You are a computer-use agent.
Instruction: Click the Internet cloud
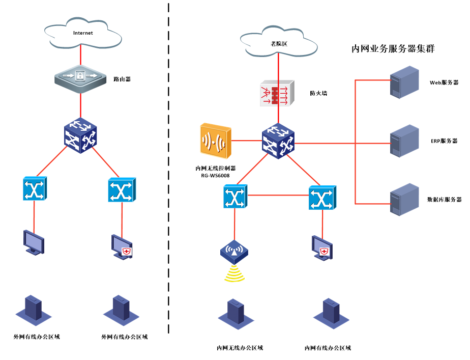point(83,34)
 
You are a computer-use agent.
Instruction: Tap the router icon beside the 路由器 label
point(81,77)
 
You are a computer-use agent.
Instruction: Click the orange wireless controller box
point(216,140)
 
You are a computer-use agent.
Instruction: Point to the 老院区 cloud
point(279,44)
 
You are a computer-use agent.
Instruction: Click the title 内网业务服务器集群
point(393,49)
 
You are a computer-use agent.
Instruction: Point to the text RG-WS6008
point(215,176)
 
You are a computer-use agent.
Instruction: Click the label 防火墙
point(318,94)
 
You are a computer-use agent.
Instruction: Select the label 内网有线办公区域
point(328,348)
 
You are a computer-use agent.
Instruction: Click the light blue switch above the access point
point(235,197)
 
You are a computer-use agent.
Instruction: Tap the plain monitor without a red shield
point(34,241)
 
